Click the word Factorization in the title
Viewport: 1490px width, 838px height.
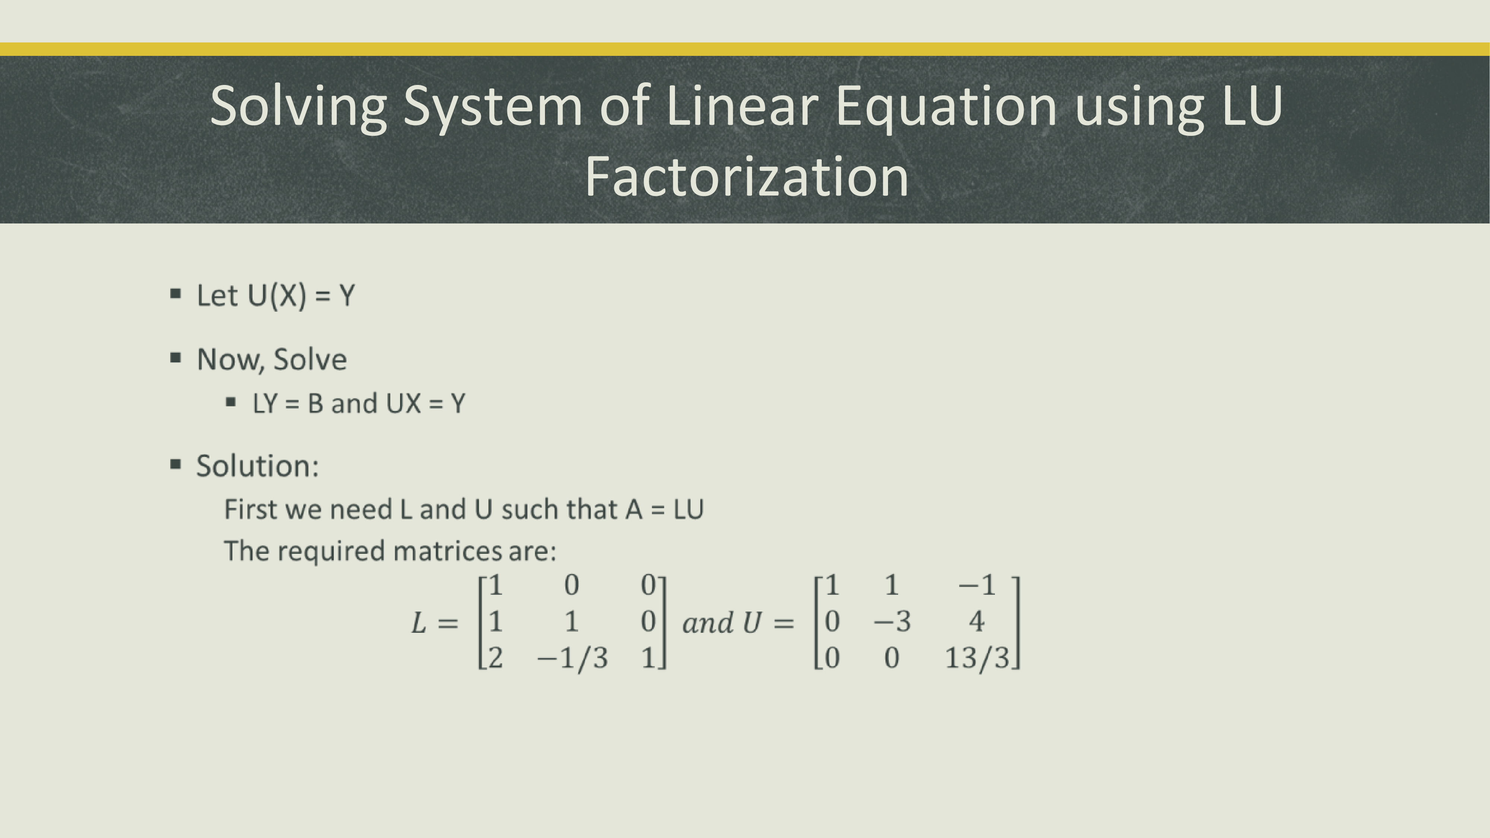[x=747, y=177]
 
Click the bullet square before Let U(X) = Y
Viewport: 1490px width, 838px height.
[x=176, y=294]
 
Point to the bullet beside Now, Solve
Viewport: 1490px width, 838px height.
[x=176, y=358]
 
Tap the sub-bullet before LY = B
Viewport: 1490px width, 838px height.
[x=231, y=402]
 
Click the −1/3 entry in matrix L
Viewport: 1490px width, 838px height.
[x=573, y=658]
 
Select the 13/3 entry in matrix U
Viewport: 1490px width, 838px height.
[x=977, y=658]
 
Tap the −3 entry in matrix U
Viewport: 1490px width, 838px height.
[x=892, y=622]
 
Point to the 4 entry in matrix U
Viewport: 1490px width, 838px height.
[x=977, y=622]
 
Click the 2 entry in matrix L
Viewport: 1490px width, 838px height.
[x=496, y=658]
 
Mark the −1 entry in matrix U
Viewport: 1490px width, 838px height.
[x=977, y=585]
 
